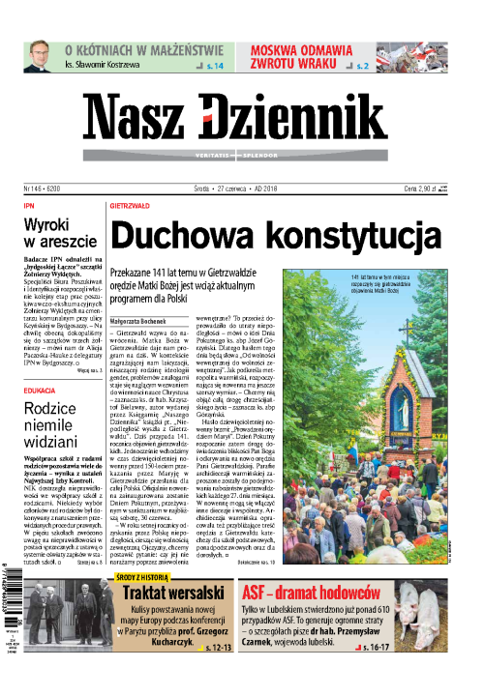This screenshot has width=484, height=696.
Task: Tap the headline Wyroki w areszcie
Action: (60, 235)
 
